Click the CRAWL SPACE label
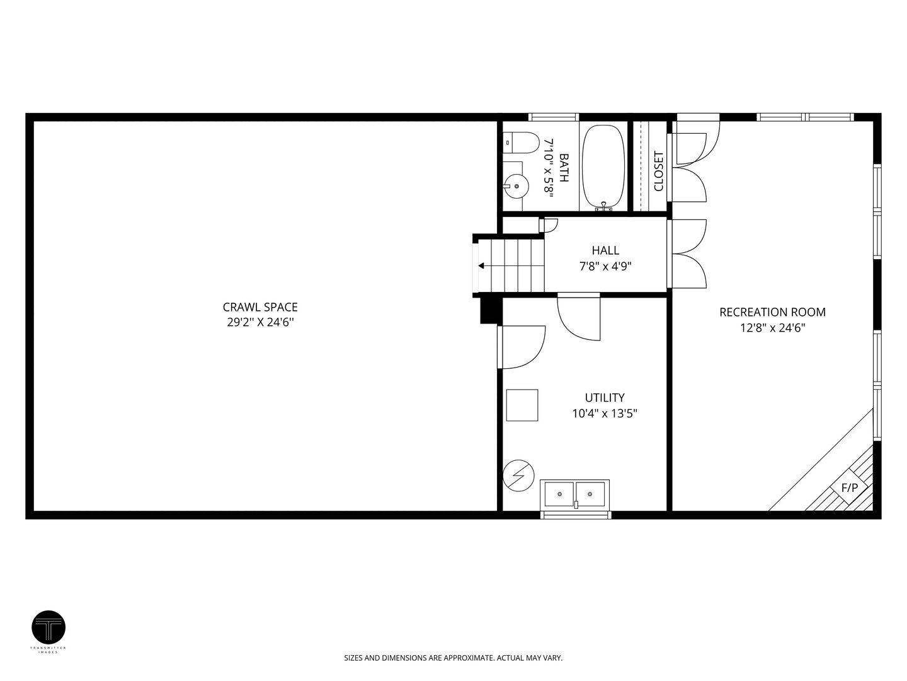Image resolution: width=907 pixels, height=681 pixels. (x=260, y=307)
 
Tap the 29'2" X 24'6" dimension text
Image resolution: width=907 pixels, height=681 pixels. (x=260, y=322)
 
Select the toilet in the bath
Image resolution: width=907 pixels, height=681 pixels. (x=521, y=143)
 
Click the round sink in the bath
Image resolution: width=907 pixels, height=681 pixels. (x=516, y=187)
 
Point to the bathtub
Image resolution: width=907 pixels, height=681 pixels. (x=603, y=167)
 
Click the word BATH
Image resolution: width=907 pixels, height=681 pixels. (x=564, y=168)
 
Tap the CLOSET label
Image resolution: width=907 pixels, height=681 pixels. (x=659, y=171)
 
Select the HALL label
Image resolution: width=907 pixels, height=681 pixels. (x=605, y=250)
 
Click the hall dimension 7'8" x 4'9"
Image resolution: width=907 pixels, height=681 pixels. (x=605, y=266)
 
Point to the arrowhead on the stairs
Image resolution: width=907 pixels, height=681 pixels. (x=481, y=265)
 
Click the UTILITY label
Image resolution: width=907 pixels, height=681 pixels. (x=605, y=397)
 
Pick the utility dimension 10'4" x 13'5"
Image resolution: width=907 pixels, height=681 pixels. (x=605, y=413)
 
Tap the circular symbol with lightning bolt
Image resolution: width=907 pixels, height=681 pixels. (x=518, y=475)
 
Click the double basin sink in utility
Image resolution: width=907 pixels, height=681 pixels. (x=575, y=494)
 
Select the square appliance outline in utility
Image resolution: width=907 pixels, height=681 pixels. (x=522, y=405)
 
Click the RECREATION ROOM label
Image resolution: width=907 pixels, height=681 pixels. (x=772, y=312)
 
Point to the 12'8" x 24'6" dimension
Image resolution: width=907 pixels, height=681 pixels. (x=772, y=328)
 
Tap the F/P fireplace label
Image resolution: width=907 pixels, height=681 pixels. (x=850, y=488)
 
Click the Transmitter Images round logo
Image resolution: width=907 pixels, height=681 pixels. (x=48, y=627)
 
